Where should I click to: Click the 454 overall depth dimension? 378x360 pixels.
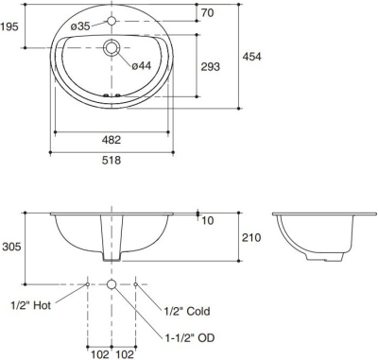coord(251,57)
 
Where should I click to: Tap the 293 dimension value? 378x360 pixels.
coord(211,66)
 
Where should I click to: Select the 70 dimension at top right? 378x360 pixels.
coord(207,13)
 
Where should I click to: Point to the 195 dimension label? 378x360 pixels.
coord(9,26)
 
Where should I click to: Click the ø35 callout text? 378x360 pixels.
coord(80,26)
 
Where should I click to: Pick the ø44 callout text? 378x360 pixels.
coord(142,65)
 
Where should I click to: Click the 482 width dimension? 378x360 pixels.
coord(112,140)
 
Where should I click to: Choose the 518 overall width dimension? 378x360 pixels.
coord(112,161)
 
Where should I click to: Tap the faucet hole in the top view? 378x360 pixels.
coord(112,21)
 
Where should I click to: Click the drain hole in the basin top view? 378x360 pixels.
coord(112,48)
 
